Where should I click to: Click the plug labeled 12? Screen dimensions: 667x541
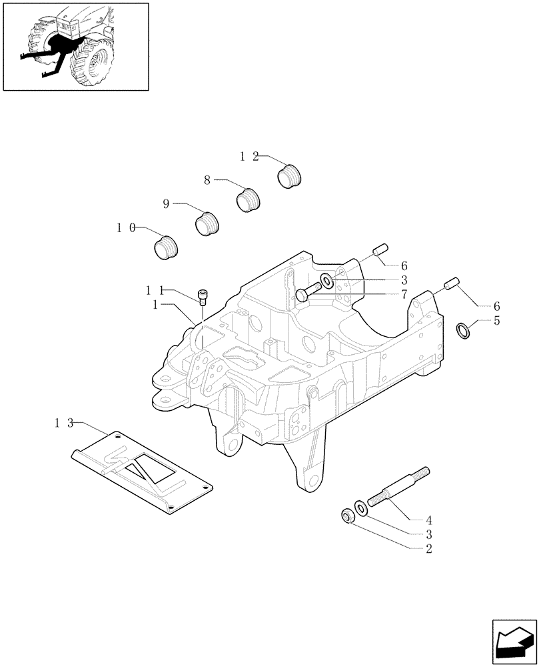(x=288, y=177)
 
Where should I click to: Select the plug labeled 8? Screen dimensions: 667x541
(x=249, y=199)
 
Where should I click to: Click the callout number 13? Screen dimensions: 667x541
(x=65, y=423)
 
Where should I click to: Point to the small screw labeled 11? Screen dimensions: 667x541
(x=203, y=297)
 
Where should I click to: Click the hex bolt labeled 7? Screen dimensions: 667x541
(x=303, y=294)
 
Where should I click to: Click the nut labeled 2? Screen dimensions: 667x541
(x=346, y=516)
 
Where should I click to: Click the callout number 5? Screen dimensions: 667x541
(x=496, y=321)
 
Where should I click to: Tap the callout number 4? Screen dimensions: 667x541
(x=429, y=520)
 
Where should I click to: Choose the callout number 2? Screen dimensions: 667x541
(x=429, y=549)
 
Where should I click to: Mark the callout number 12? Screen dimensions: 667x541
(x=249, y=156)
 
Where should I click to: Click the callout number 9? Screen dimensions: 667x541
(x=167, y=204)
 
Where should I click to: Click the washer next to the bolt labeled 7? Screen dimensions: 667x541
(x=328, y=279)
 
